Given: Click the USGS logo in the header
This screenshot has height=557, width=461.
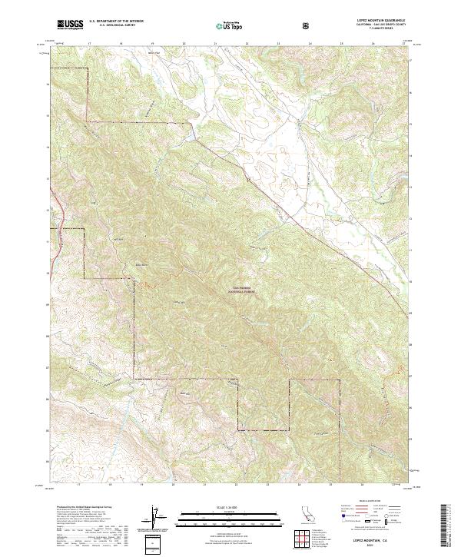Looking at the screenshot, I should tap(70, 25).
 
